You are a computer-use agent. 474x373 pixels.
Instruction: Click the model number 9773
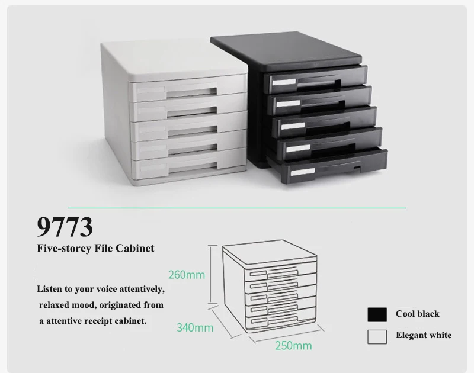click(65, 227)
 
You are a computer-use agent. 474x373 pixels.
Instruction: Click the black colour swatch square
click(377, 314)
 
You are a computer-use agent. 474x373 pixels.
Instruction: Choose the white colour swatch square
click(377, 336)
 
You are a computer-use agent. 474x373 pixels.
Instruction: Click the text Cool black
click(418, 314)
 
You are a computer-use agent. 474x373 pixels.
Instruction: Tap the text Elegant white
click(424, 336)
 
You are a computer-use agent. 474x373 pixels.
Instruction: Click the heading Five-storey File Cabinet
click(96, 249)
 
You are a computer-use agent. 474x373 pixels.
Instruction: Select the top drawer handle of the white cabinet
click(188, 91)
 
